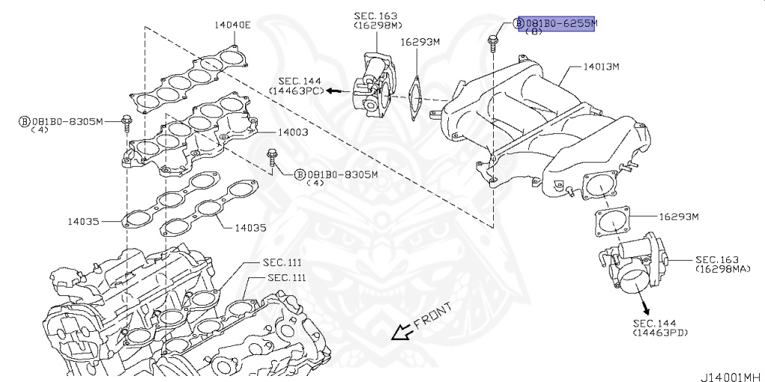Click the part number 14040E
[x=232, y=25]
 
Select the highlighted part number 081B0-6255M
[x=561, y=23]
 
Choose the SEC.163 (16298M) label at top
[x=376, y=20]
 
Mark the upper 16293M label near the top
[x=421, y=43]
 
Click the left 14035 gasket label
[x=83, y=221]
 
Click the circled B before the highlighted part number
[x=519, y=23]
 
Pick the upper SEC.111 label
[x=282, y=262]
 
